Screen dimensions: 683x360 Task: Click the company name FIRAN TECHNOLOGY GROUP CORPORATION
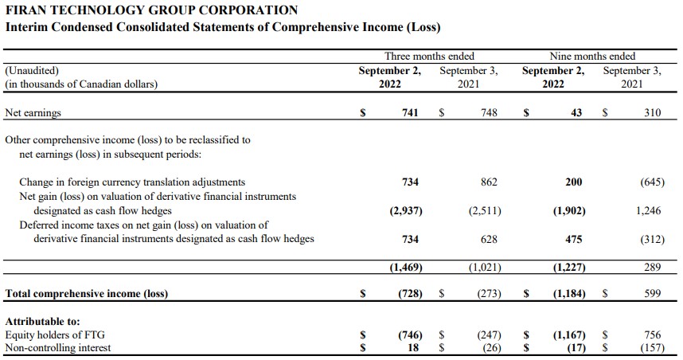click(151, 10)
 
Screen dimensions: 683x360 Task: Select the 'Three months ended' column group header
click(429, 57)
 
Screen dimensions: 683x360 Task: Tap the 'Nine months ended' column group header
click(592, 57)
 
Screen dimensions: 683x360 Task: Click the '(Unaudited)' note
click(32, 71)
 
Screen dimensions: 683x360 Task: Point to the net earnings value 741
click(410, 112)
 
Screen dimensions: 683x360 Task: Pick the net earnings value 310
click(653, 112)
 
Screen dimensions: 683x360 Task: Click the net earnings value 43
click(576, 112)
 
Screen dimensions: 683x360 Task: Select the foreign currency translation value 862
click(489, 182)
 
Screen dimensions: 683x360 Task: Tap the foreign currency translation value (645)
click(653, 182)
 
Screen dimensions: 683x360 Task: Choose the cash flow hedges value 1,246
click(649, 210)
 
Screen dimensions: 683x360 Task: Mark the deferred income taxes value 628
click(489, 239)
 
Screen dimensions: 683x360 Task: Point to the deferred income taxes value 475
click(574, 239)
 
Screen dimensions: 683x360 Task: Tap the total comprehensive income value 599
click(653, 293)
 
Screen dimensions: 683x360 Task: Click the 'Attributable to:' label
click(43, 322)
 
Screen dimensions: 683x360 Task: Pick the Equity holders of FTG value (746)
click(410, 335)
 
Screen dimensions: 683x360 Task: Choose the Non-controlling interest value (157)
click(653, 348)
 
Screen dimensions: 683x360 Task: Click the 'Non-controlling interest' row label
click(58, 348)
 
